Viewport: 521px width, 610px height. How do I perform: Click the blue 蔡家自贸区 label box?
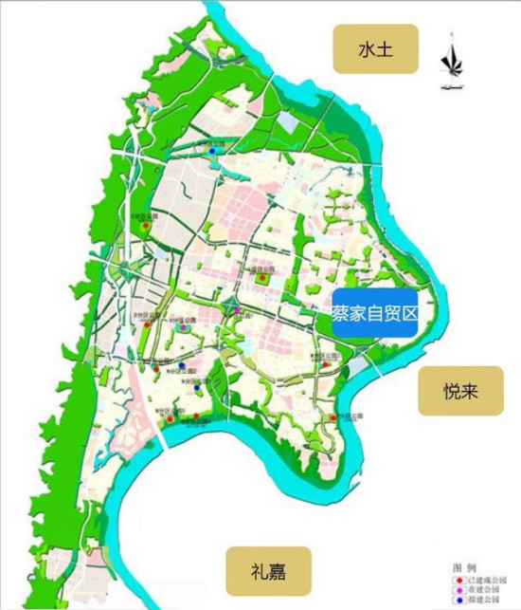pos(374,311)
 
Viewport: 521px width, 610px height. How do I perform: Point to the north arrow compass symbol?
pos(453,63)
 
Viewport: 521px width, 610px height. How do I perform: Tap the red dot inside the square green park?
pos(261,276)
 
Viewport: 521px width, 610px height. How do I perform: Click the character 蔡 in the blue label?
pos(341,311)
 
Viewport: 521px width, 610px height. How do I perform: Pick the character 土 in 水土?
pos(379,49)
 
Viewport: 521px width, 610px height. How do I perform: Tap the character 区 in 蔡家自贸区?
pos(408,311)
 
